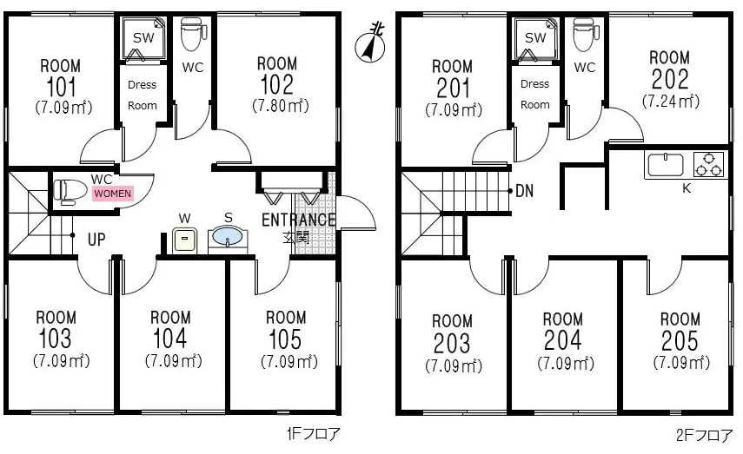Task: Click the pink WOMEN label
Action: tap(112, 194)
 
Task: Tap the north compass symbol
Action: tap(371, 43)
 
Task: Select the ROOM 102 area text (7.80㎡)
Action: tap(281, 106)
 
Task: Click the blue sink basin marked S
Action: tap(228, 237)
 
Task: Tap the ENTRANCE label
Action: tap(299, 220)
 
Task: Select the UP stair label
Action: tap(96, 240)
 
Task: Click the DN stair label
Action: tap(524, 191)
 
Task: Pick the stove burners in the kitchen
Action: tap(709, 164)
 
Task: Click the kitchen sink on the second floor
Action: tap(666, 165)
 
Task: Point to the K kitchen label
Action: tap(687, 188)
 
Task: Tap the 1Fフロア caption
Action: tap(313, 434)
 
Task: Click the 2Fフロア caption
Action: tap(704, 435)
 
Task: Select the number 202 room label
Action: tap(669, 79)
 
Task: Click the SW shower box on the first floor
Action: tap(143, 39)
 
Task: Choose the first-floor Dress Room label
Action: tap(143, 95)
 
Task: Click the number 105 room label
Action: tap(285, 339)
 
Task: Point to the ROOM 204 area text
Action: tap(566, 364)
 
